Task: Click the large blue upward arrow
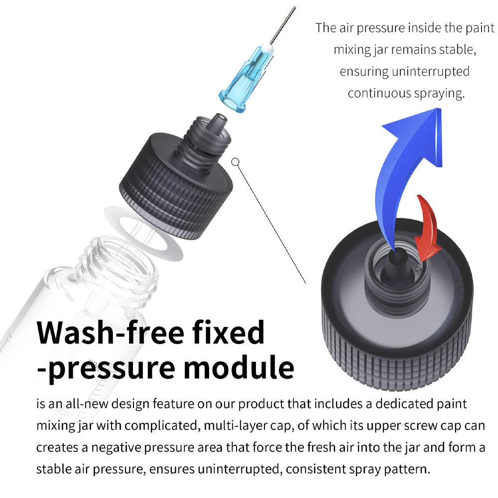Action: pos(408,164)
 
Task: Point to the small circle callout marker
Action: pos(236,161)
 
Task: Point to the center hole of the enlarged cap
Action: pos(395,258)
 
